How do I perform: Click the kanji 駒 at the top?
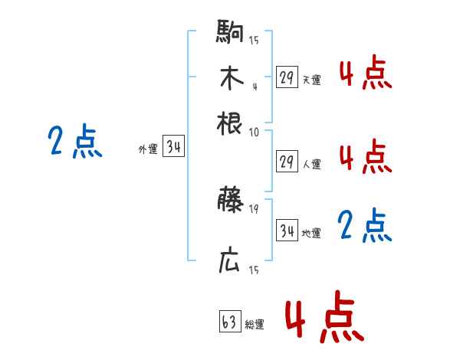229,34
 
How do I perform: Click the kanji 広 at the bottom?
229,261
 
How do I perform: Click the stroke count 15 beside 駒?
254,41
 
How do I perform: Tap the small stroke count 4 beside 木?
255,86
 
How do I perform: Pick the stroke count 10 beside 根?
254,132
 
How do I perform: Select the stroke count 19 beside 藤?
254,208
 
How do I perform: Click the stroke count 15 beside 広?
254,270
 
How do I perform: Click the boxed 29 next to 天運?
287,77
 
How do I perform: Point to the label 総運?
255,324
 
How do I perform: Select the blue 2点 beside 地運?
365,225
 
